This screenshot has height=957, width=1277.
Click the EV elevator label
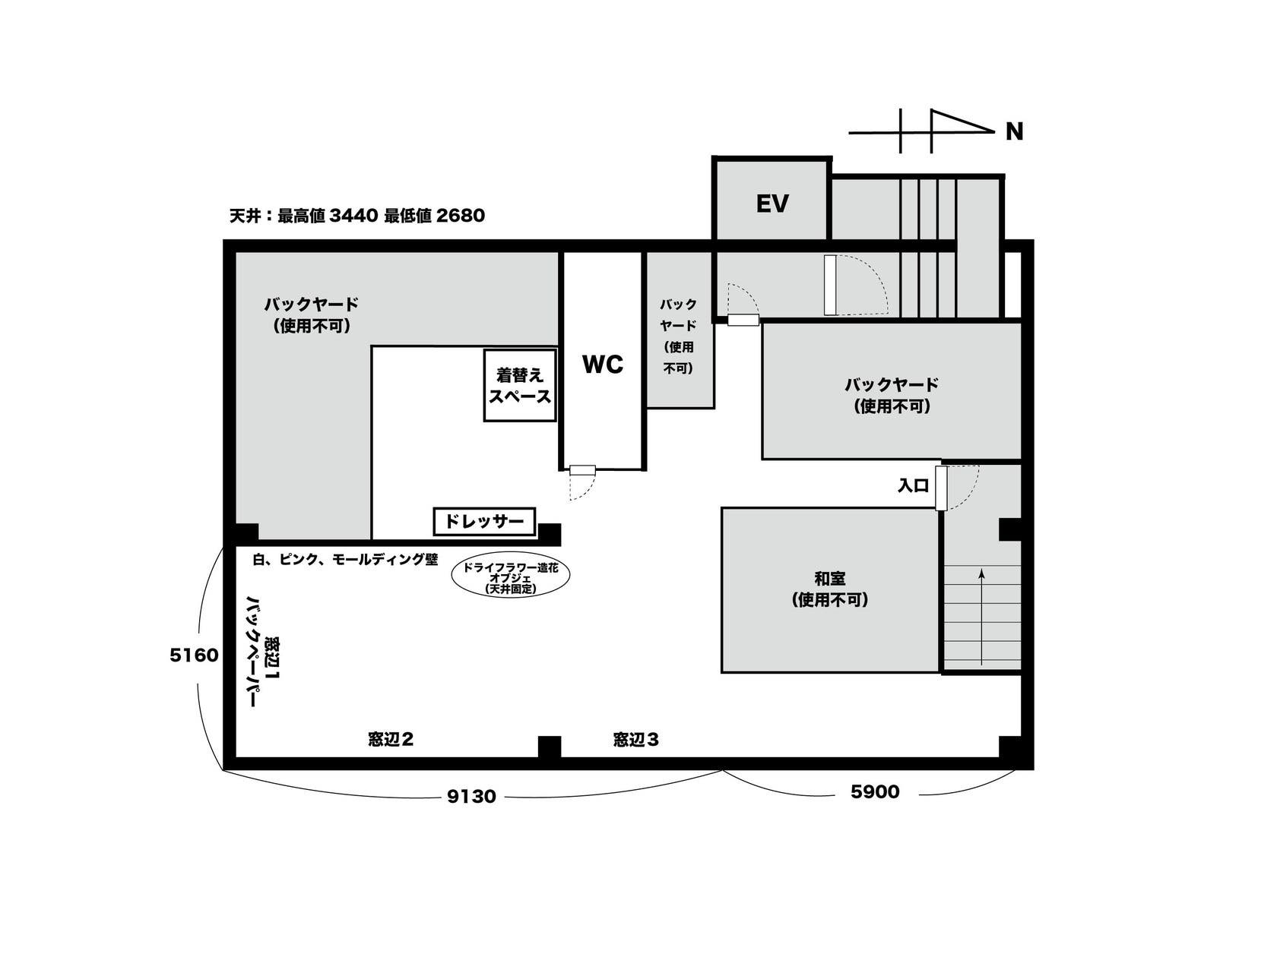[x=772, y=204]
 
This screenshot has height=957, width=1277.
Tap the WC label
[x=603, y=365]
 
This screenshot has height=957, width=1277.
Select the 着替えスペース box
[x=520, y=385]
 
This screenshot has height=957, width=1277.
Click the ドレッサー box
[x=484, y=522]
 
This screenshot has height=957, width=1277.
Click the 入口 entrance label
[x=913, y=486]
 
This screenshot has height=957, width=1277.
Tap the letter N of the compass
[x=1014, y=132]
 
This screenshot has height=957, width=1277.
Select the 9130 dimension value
[x=471, y=797]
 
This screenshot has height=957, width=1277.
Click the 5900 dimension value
[x=874, y=792]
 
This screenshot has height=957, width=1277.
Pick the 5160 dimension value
[x=194, y=655]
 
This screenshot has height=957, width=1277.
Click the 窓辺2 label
[x=390, y=739]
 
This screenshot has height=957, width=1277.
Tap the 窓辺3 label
[x=635, y=739]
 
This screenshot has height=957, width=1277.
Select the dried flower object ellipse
[x=510, y=578]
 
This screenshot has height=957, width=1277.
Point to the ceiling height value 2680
[x=461, y=216]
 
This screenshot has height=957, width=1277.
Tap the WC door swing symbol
[x=581, y=486]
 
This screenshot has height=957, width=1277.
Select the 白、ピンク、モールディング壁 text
[x=346, y=560]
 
